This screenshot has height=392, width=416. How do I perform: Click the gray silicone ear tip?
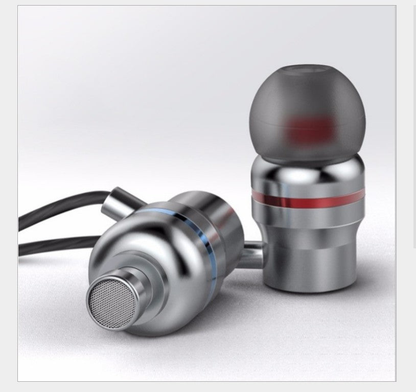tap(307, 102)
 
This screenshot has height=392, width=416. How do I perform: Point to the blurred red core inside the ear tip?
tap(308, 129)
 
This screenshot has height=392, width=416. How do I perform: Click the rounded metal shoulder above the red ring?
tap(307, 174)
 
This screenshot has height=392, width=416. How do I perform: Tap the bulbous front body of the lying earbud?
tap(153, 266)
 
